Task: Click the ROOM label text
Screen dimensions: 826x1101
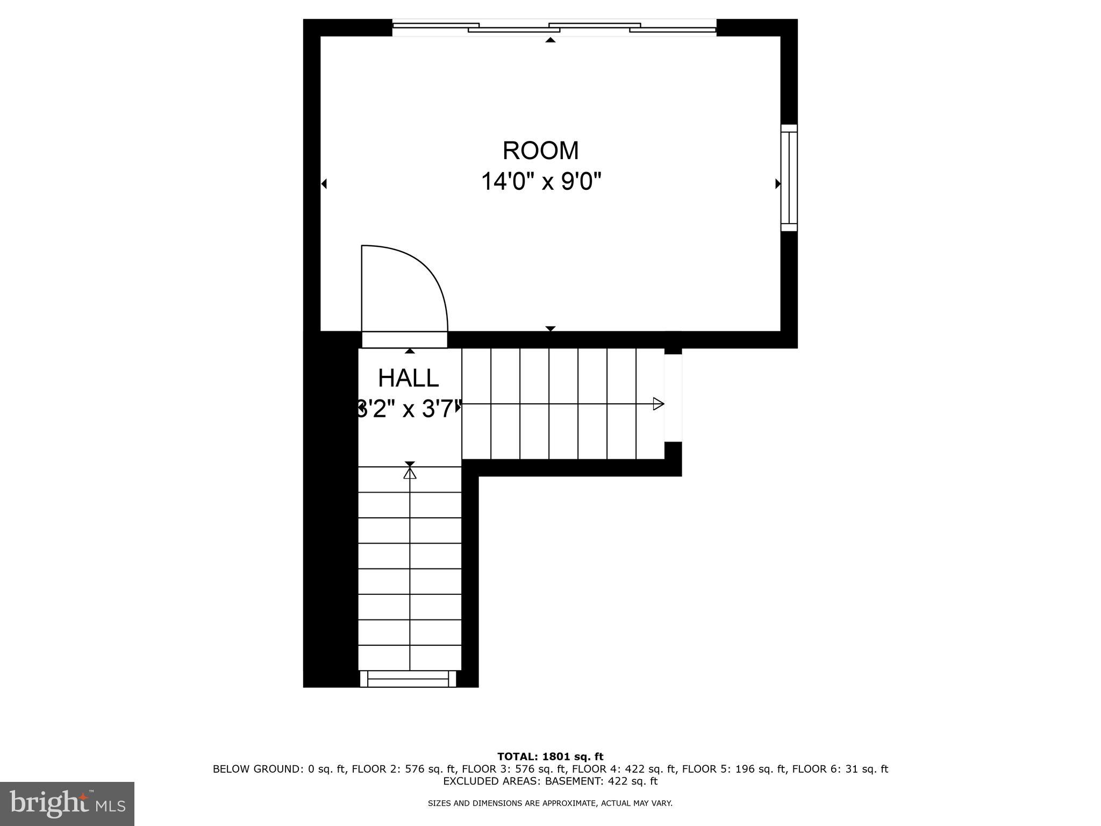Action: pos(540,151)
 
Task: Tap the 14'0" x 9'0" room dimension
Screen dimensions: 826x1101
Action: pos(540,182)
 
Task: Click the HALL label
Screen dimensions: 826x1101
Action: pos(409,379)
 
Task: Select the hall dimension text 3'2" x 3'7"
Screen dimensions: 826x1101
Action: pos(409,409)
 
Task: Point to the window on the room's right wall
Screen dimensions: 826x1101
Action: pos(789,178)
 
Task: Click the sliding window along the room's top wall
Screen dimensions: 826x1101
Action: pos(554,28)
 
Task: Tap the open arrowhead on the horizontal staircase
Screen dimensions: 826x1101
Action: pos(658,404)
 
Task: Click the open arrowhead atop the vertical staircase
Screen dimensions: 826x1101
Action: pos(410,473)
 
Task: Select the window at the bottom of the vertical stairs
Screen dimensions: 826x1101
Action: pos(408,679)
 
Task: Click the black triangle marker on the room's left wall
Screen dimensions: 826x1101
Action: pos(324,184)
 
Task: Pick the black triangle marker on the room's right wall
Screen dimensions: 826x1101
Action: pos(777,184)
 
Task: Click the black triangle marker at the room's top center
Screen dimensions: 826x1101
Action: pos(550,40)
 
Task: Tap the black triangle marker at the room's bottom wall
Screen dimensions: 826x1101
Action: pos(550,328)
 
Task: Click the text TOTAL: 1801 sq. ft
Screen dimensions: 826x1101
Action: pos(550,757)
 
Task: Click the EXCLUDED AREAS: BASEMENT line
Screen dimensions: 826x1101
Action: pos(550,781)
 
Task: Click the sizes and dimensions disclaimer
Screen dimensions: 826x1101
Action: pos(550,803)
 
